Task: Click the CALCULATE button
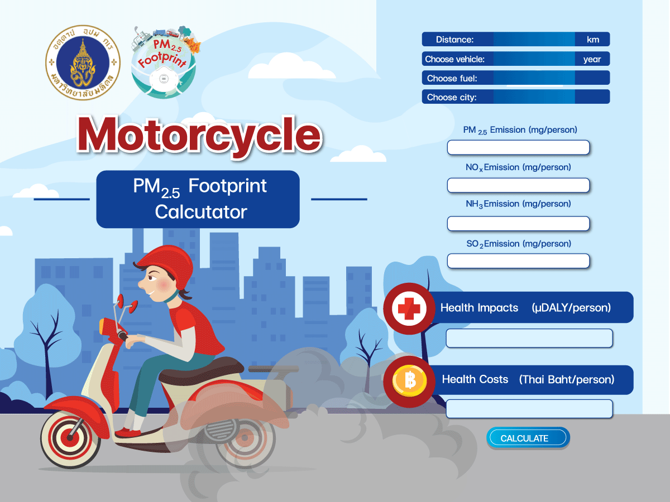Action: click(x=528, y=438)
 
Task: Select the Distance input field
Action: click(x=534, y=39)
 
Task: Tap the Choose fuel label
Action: click(x=452, y=78)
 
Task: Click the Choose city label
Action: click(x=452, y=97)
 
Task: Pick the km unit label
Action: click(x=593, y=40)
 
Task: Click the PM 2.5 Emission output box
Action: click(x=518, y=147)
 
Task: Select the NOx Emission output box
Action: click(x=518, y=185)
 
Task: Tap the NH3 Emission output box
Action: click(x=518, y=224)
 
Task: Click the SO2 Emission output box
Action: click(x=518, y=261)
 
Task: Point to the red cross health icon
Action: click(x=409, y=308)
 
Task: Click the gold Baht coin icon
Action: click(x=409, y=381)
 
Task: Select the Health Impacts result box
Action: click(x=529, y=338)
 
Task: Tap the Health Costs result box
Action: click(x=529, y=409)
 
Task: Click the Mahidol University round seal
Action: click(x=83, y=62)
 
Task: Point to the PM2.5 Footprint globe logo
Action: click(x=165, y=62)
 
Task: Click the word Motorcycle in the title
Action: click(x=199, y=135)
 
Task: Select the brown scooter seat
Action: click(x=202, y=370)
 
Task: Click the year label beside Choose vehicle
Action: click(x=592, y=59)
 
